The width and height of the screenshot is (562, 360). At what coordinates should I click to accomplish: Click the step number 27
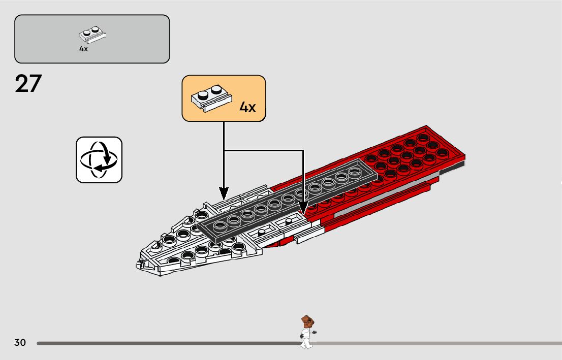[x=28, y=84]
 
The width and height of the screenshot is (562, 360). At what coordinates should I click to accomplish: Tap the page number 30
[x=20, y=343]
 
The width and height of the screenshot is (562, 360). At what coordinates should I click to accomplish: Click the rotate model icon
[x=99, y=159]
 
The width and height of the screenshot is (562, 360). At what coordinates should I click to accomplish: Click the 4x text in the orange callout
[x=247, y=107]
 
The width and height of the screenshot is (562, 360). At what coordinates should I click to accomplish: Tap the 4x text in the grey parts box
[x=83, y=49]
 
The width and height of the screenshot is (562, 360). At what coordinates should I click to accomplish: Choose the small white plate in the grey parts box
[x=92, y=35]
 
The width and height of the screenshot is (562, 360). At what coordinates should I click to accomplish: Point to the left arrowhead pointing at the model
[x=224, y=193]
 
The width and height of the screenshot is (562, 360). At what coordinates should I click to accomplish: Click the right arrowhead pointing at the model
[x=303, y=208]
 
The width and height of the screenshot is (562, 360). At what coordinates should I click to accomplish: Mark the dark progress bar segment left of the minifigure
[x=168, y=343]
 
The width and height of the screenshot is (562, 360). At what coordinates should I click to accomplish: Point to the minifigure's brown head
[x=306, y=321]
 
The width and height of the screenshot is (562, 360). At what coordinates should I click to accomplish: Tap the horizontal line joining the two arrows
[x=263, y=150]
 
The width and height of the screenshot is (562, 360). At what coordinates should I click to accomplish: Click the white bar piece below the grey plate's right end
[x=310, y=233]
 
